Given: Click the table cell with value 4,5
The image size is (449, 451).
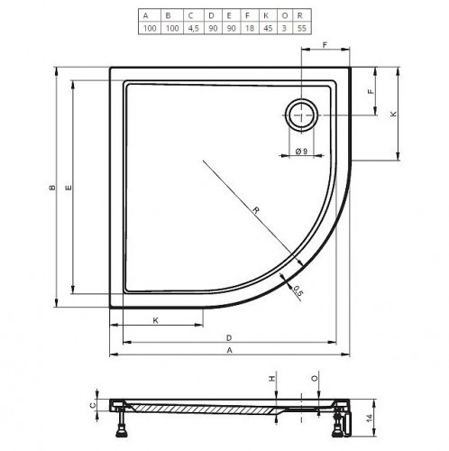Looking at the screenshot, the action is coord(193,28).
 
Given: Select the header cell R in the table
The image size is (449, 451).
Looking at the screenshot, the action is coord(301,15).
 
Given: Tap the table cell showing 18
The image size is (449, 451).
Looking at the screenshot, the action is coord(250,28).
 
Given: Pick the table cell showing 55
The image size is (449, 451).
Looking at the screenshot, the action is coord(301,28).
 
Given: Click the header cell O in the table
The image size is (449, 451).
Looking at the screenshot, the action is coord(284,15).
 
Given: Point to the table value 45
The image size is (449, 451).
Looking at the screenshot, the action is coord(268,28).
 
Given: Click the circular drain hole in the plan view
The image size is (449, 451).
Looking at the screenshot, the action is coord(301,115).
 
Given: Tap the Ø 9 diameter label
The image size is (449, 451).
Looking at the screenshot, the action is coord(301,151).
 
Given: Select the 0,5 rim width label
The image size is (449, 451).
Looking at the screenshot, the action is coord(298,291).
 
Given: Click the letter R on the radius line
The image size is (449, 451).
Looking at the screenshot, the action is coord(256,210).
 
